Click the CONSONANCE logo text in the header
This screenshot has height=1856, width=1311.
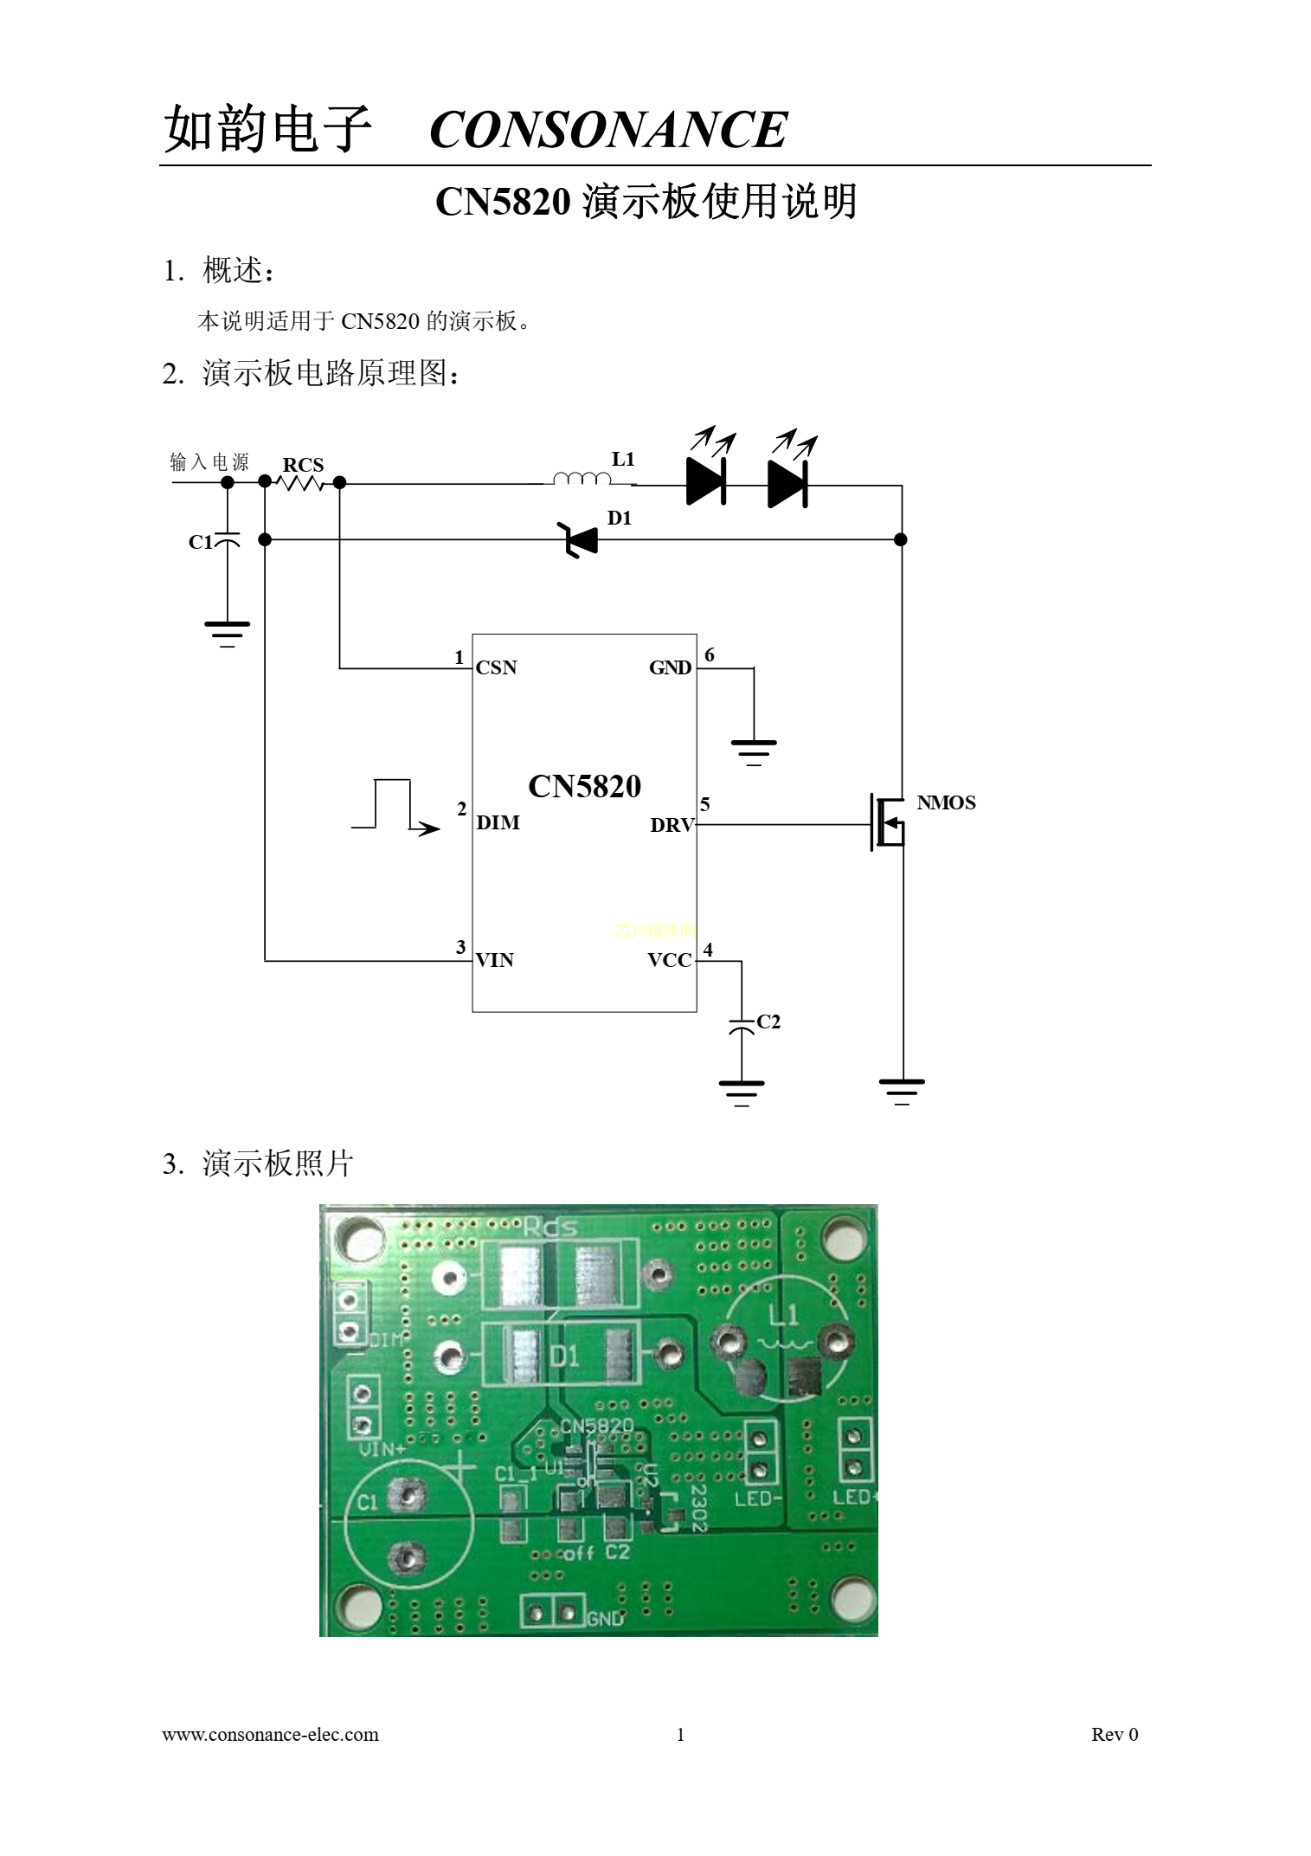point(607,130)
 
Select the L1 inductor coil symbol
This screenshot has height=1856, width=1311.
point(582,478)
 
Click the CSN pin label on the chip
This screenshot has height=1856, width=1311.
point(496,667)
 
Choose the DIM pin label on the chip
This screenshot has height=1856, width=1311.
point(498,822)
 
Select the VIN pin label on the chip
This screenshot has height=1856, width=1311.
point(494,960)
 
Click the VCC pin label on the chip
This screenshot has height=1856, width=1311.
point(670,960)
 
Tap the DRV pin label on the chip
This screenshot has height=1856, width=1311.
point(672,825)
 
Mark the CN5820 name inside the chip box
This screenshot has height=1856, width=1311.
point(584,786)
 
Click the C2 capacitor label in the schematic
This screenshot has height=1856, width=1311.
point(768,1021)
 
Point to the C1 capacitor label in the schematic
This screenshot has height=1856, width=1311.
point(200,542)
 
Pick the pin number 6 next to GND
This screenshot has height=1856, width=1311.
point(710,654)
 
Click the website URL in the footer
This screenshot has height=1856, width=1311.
point(270,1734)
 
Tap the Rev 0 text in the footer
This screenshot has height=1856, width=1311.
point(1115,1734)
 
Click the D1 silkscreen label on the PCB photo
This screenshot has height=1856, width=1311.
point(564,1354)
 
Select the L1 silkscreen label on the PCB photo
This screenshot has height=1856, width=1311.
point(783,1316)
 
